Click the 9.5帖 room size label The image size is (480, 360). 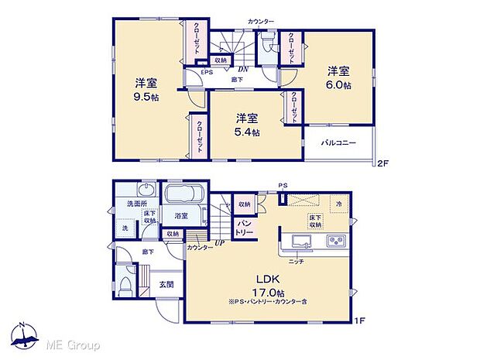[x=140, y=98]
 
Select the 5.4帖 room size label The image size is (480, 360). [x=248, y=132]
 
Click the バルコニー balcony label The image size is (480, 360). [x=338, y=144]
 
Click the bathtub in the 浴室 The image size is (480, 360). [x=183, y=194]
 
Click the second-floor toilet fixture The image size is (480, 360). [x=268, y=42]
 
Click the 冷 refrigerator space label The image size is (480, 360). [x=338, y=203]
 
